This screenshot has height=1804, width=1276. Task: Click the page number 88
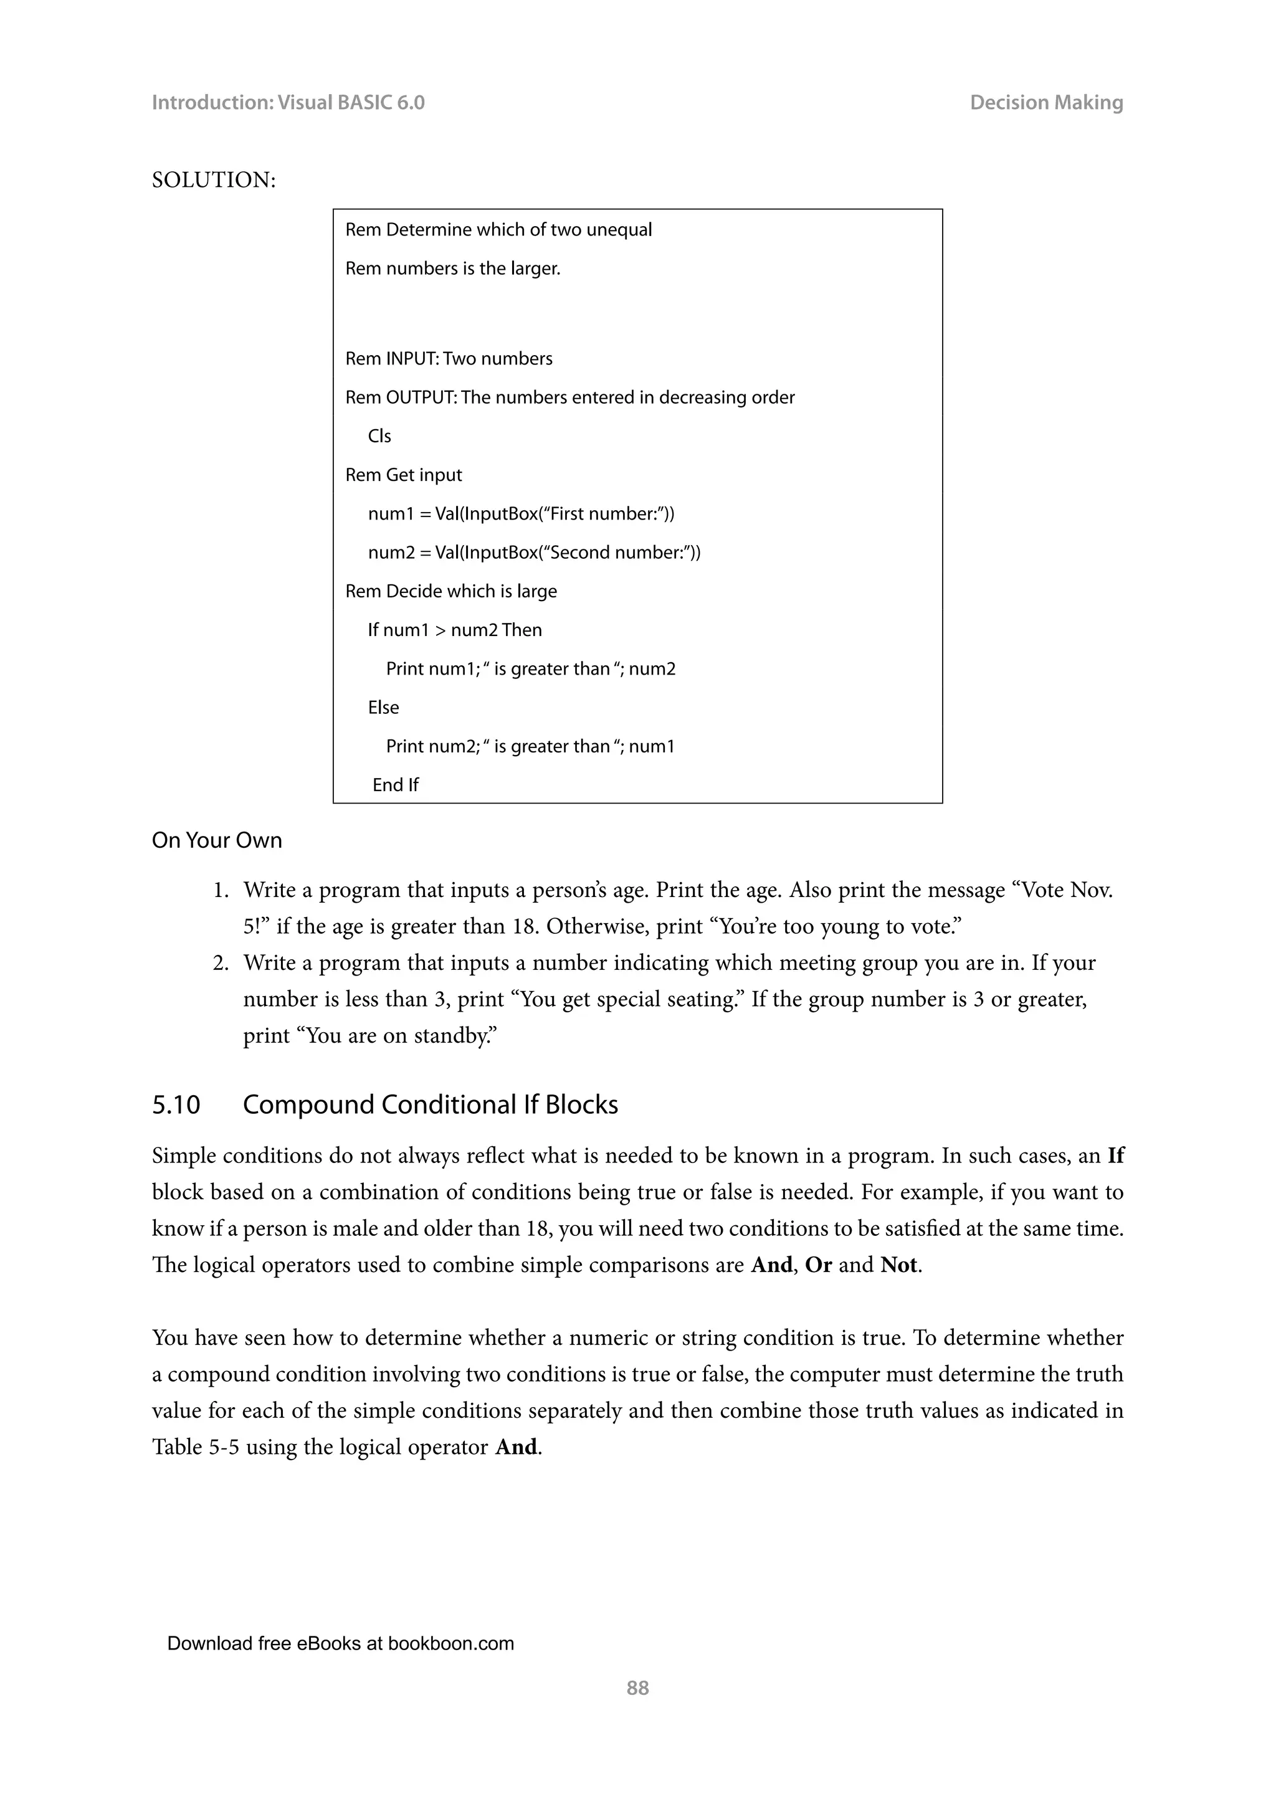(x=637, y=1688)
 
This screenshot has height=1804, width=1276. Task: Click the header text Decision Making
(x=1046, y=102)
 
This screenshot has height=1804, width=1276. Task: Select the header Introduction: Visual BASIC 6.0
(x=288, y=102)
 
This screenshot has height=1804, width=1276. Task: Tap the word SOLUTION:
(x=214, y=180)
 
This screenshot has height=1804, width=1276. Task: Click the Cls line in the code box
(x=379, y=436)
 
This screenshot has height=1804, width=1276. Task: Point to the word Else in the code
(x=383, y=707)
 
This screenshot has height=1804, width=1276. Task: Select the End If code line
(x=395, y=785)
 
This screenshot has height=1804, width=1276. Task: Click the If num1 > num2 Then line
(x=454, y=630)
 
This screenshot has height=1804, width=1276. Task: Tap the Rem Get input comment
(x=403, y=475)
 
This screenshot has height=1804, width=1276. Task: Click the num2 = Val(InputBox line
(x=533, y=553)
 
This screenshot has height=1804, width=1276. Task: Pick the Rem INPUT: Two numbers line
(x=449, y=358)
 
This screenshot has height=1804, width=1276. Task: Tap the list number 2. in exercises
(x=221, y=962)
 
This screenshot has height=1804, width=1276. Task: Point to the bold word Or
(x=818, y=1265)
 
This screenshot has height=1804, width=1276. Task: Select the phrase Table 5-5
(x=195, y=1447)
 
